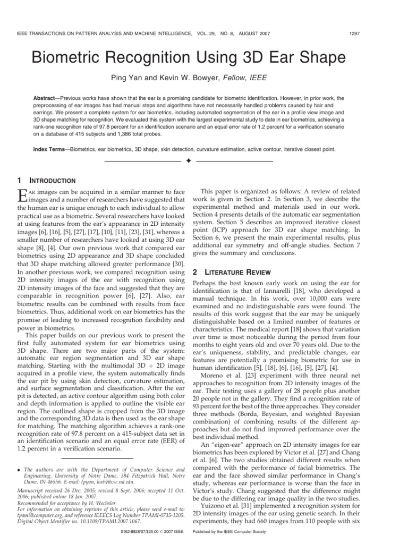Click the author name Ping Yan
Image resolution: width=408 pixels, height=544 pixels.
[x=127, y=79]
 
